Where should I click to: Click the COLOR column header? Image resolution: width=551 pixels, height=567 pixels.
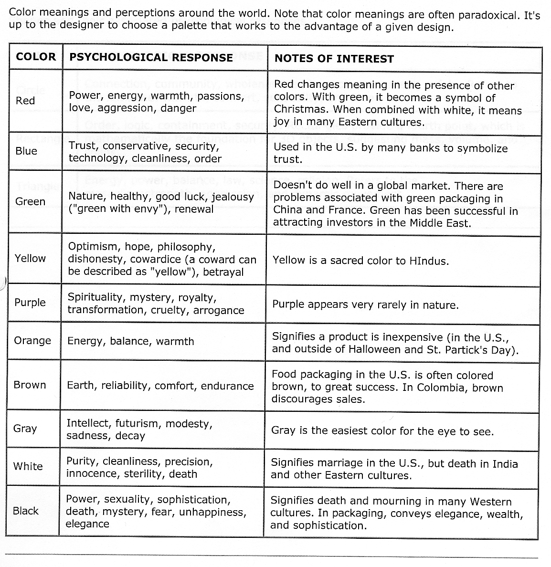[x=36, y=57]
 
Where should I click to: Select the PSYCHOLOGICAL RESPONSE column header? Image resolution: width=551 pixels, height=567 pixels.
[x=151, y=58]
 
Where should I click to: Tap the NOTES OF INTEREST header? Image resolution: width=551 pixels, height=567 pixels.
[x=334, y=59]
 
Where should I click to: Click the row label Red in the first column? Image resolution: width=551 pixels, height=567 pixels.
[x=25, y=101]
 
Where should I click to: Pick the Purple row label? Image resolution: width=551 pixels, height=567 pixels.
[x=30, y=303]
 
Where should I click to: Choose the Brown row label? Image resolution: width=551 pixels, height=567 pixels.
[x=30, y=385]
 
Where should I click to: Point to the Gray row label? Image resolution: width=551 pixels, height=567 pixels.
[x=25, y=428]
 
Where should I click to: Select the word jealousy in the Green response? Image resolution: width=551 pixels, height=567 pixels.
[x=233, y=197]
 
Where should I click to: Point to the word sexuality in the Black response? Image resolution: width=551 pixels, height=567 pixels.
[x=128, y=500]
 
